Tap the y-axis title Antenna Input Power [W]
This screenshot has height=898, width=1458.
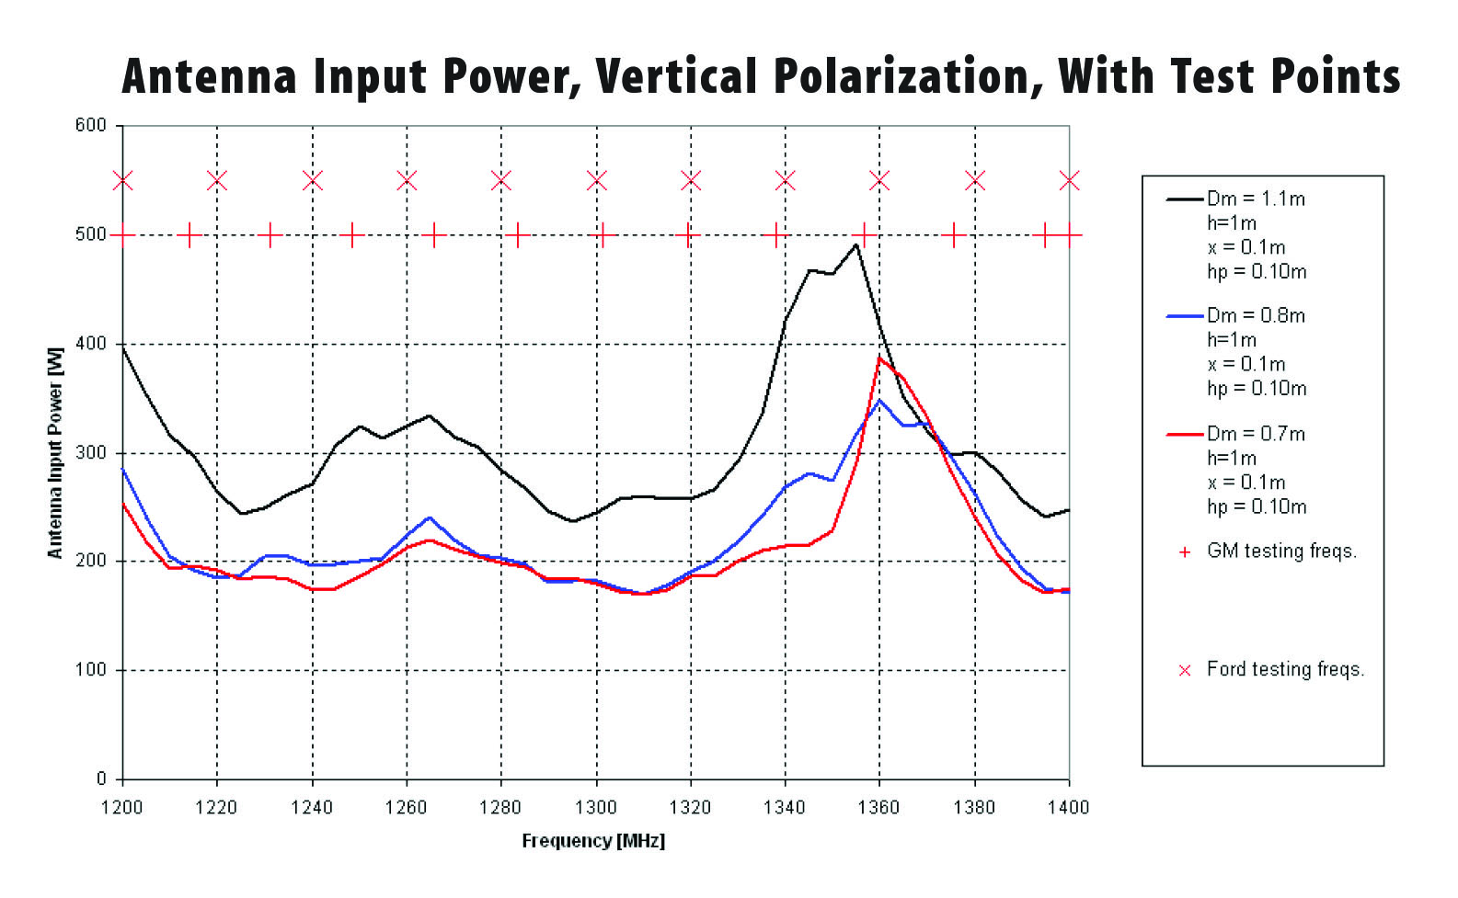click(x=56, y=452)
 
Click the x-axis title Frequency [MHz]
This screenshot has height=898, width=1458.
click(x=593, y=841)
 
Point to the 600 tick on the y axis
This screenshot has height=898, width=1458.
click(x=90, y=126)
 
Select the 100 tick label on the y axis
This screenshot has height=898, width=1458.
click(x=90, y=670)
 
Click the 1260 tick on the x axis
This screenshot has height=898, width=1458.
click(x=406, y=808)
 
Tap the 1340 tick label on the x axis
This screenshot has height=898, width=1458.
click(x=785, y=808)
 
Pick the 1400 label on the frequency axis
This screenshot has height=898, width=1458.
click(x=1068, y=808)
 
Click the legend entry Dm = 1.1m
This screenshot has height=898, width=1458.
click(x=1255, y=199)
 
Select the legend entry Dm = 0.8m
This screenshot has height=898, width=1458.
click(x=1255, y=316)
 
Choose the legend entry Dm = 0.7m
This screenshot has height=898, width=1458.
click(x=1255, y=434)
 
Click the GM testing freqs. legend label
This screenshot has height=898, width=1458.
click(x=1281, y=551)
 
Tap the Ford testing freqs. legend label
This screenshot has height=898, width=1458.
click(x=1285, y=669)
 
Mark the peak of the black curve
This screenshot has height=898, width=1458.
click(x=856, y=244)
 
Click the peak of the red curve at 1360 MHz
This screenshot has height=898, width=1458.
click(x=879, y=358)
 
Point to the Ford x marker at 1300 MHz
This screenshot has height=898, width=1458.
click(x=596, y=180)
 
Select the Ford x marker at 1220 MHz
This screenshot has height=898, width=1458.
click(x=217, y=180)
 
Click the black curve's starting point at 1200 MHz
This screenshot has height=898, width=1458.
click(x=123, y=347)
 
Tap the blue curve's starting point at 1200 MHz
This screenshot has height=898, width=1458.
click(x=123, y=469)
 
